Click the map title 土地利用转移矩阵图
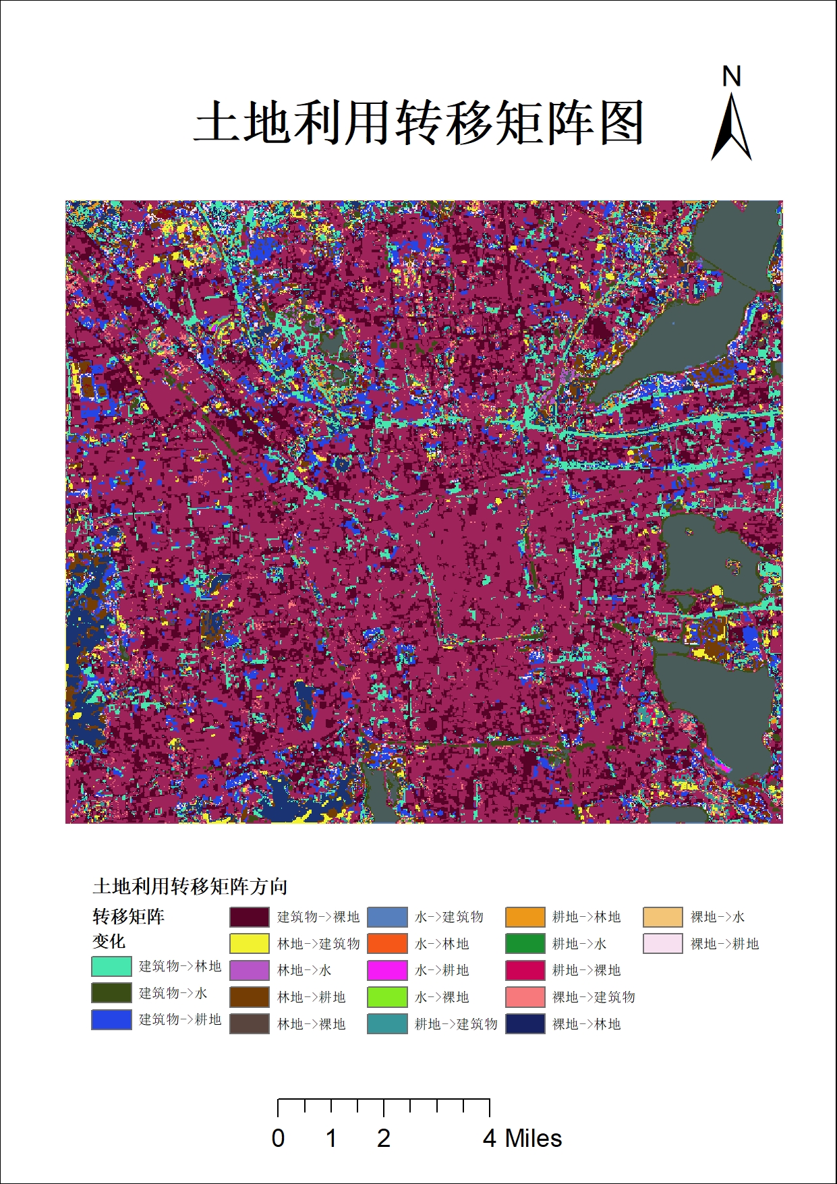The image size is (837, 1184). click(418, 123)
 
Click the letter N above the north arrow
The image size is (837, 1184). click(732, 76)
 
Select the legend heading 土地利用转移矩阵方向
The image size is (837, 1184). click(190, 886)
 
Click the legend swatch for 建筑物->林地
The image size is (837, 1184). click(111, 966)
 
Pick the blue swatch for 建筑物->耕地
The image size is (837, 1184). click(111, 1019)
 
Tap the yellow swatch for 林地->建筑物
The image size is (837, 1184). click(250, 943)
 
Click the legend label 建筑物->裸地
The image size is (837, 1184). click(318, 917)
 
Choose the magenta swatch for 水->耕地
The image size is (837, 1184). click(387, 970)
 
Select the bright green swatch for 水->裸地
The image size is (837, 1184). click(387, 997)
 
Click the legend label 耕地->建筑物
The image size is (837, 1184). click(456, 1024)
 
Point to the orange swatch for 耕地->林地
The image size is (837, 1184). click(525, 917)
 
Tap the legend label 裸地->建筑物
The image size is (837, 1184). click(594, 997)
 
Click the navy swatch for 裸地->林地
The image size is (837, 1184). click(525, 1024)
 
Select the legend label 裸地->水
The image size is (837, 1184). click(718, 917)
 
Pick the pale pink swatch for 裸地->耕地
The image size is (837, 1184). click(662, 943)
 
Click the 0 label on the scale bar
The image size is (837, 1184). click(278, 1139)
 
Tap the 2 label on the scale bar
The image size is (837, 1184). click(384, 1139)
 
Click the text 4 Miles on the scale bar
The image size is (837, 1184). click(522, 1139)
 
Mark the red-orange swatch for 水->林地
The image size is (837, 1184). click(387, 943)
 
